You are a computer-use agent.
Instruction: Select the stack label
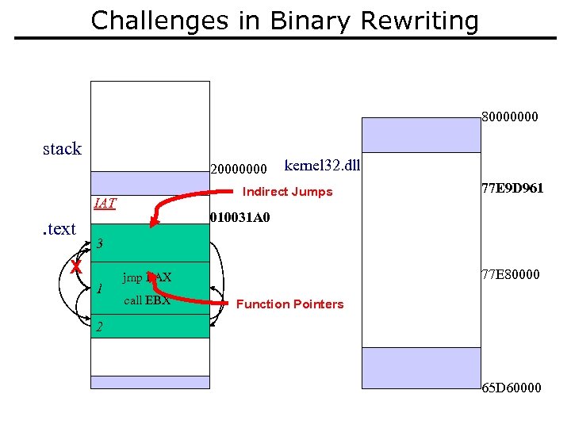click(62, 148)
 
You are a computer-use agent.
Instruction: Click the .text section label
click(58, 229)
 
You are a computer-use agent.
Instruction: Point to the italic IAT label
click(105, 204)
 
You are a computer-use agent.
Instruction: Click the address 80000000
click(510, 117)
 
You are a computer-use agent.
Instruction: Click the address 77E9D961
click(512, 189)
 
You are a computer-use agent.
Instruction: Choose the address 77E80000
click(511, 274)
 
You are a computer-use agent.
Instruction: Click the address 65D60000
click(512, 388)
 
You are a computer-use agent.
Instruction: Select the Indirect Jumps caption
click(287, 192)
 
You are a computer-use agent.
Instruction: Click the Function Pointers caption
click(289, 304)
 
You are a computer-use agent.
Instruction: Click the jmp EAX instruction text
click(147, 278)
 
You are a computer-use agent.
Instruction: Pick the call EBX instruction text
click(147, 300)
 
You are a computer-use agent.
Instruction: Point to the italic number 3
click(99, 245)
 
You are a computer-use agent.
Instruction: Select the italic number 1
click(98, 289)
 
